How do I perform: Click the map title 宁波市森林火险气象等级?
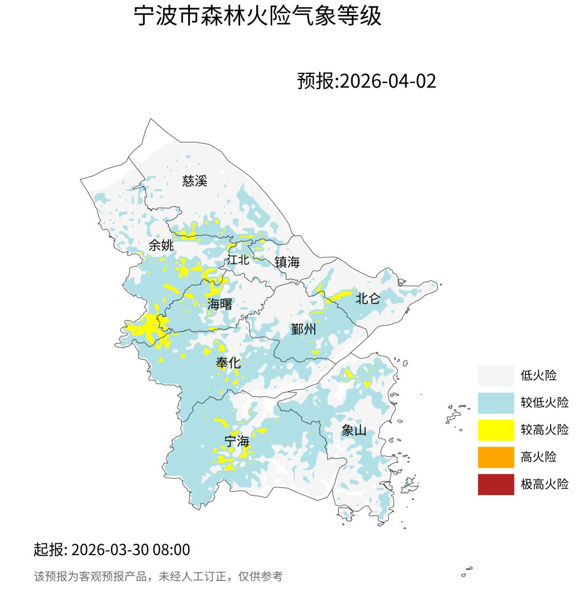pos(257,16)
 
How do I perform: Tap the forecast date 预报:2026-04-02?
pos(367,81)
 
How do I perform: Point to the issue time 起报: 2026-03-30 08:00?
pos(112,550)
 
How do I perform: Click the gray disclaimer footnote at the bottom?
pos(158,577)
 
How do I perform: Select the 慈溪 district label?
pos(195,181)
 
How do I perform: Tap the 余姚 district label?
pos(161,246)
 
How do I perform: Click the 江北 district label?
pos(238,260)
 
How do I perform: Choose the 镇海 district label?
pos(287,262)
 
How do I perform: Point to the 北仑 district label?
pos(368,299)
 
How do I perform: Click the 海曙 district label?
pos(220,304)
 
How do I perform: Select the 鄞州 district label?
pos(303,329)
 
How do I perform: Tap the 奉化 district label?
pos(228,363)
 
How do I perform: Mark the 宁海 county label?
pos(236,442)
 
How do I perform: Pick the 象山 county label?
pos(354,430)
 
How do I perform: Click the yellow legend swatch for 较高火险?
pos(496,430)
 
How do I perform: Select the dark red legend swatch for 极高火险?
pos(496,484)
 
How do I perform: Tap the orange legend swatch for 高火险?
pos(496,457)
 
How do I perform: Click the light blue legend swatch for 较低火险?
pos(496,402)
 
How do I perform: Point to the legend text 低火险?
pos(538,375)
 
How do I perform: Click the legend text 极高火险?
pos(544,484)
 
